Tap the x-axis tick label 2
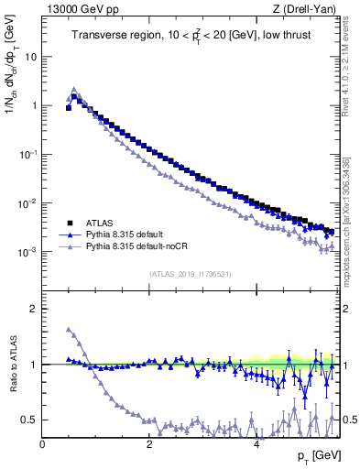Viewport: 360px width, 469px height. click(148, 443)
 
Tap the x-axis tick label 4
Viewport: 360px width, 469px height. click(255, 443)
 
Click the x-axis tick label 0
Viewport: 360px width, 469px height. click(42, 443)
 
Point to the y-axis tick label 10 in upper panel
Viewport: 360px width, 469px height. click(30, 56)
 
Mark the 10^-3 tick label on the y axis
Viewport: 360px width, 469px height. click(28, 251)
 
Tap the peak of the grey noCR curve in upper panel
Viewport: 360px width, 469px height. click(74, 90)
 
